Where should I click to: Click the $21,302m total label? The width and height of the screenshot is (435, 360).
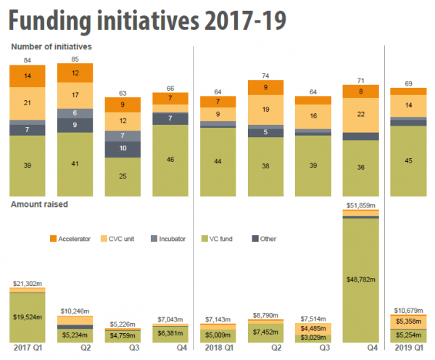[x=27, y=282]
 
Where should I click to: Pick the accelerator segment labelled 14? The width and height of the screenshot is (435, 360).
[x=27, y=75]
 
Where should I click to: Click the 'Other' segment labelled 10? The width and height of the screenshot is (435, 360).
[x=123, y=149]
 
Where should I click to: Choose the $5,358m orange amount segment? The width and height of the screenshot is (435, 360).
[x=409, y=322]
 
